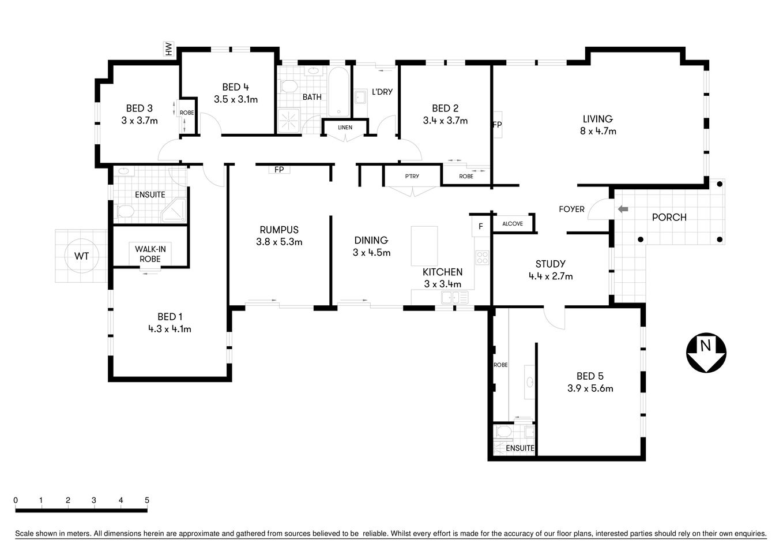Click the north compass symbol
tap(706, 353)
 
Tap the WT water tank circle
tap(81, 256)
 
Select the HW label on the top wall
tap(169, 50)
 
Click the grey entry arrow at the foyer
tap(623, 209)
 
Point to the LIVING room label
tap(597, 119)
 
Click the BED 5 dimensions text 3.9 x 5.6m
tap(590, 388)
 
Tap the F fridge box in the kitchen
tap(480, 226)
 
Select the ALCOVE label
tap(513, 224)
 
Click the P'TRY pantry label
tap(412, 176)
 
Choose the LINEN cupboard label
tap(345, 128)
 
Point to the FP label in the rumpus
tap(279, 170)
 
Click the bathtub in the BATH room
tap(338, 92)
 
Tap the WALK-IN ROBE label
tap(150, 254)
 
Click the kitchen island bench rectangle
tap(424, 245)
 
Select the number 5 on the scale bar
tap(147, 500)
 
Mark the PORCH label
tap(669, 218)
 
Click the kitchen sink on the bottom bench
tap(454, 298)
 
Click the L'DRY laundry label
tap(382, 92)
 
